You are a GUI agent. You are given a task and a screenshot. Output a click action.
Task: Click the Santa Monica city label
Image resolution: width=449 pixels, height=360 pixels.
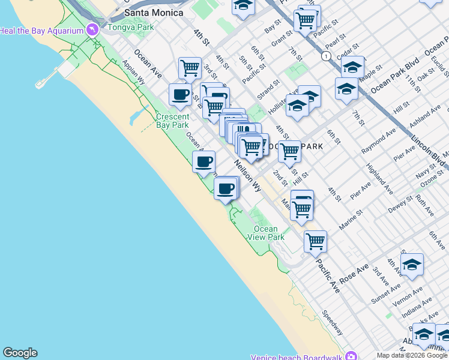click(x=154, y=13)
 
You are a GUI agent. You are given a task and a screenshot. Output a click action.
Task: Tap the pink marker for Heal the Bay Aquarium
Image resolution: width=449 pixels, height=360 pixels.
click(x=92, y=29)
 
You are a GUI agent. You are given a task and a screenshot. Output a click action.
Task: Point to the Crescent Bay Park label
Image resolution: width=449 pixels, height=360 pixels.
click(x=172, y=121)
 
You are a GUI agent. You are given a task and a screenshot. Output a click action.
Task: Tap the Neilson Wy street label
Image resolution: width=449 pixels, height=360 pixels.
click(x=248, y=175)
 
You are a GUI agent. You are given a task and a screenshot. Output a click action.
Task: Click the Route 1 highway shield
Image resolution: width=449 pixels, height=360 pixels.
click(x=325, y=56)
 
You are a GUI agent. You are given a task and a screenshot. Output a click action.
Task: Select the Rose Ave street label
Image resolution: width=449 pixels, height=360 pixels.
click(x=354, y=274)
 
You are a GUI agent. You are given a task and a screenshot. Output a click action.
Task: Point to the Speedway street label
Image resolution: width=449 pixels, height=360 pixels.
click(x=332, y=322)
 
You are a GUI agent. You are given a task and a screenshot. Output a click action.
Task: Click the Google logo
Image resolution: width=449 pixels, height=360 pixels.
click(x=20, y=353)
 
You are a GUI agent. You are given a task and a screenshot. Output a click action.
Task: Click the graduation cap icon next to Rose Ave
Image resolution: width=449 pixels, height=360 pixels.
click(x=412, y=265)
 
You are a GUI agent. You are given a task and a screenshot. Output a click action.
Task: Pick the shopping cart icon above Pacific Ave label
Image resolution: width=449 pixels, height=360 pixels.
click(x=315, y=242)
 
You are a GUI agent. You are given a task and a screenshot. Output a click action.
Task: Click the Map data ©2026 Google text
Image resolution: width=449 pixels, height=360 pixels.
click(x=412, y=355)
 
